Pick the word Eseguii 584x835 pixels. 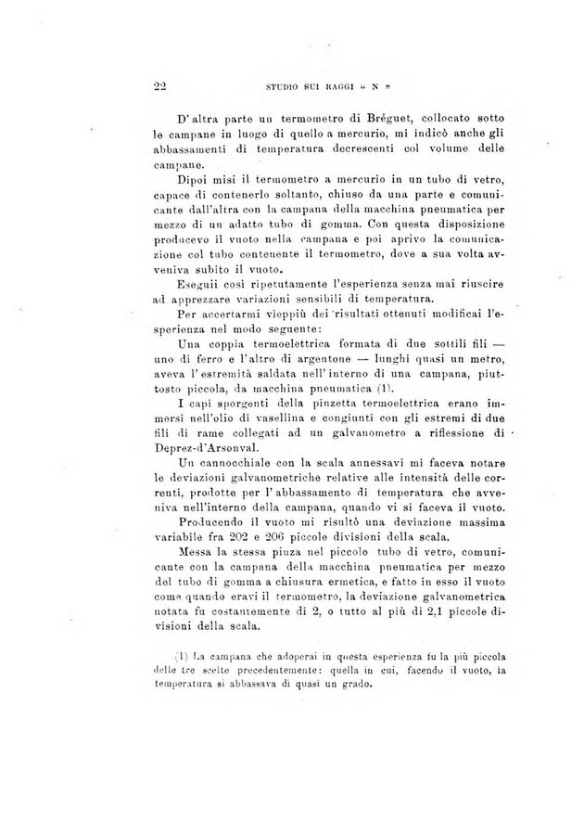[198, 284]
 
